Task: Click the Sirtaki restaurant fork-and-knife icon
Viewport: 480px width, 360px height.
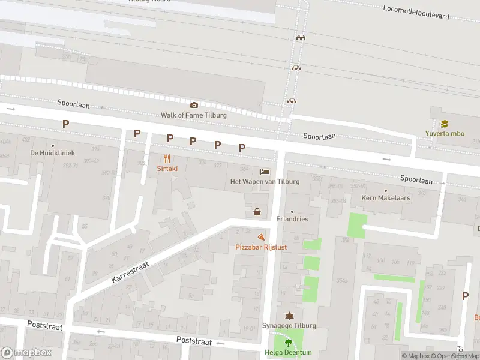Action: click(167, 159)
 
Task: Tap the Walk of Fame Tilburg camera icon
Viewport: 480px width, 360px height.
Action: click(194, 105)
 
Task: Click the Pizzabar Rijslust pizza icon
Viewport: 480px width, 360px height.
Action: click(260, 238)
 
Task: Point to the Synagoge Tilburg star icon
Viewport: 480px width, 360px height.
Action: click(289, 316)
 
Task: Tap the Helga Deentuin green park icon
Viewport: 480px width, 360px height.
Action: click(289, 343)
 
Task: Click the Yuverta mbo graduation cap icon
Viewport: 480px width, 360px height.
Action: click(445, 124)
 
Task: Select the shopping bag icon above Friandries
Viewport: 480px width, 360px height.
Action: click(257, 211)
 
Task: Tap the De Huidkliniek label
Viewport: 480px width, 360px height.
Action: click(52, 152)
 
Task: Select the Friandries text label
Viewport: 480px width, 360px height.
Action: click(292, 219)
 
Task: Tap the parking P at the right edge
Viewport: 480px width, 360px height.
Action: click(465, 296)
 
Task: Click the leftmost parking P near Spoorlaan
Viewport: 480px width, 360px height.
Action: click(65, 124)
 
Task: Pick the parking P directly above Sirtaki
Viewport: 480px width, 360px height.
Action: click(170, 138)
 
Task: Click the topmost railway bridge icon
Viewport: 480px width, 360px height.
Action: click(300, 37)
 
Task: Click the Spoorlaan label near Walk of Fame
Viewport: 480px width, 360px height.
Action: click(74, 104)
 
